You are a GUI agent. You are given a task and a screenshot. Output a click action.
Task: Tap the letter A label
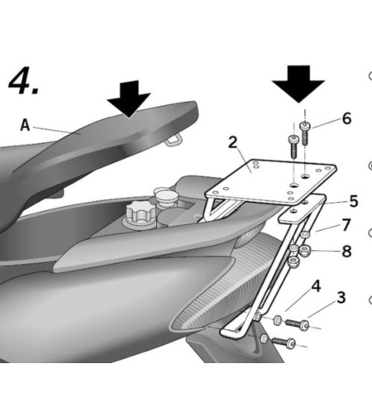26,126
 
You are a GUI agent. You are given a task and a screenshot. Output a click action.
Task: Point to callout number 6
346,118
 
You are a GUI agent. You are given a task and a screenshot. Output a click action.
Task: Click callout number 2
235,141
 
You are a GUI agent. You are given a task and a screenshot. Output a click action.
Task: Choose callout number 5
353,200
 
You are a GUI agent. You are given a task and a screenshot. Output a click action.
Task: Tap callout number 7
346,225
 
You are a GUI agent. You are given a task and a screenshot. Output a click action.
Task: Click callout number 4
315,287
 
